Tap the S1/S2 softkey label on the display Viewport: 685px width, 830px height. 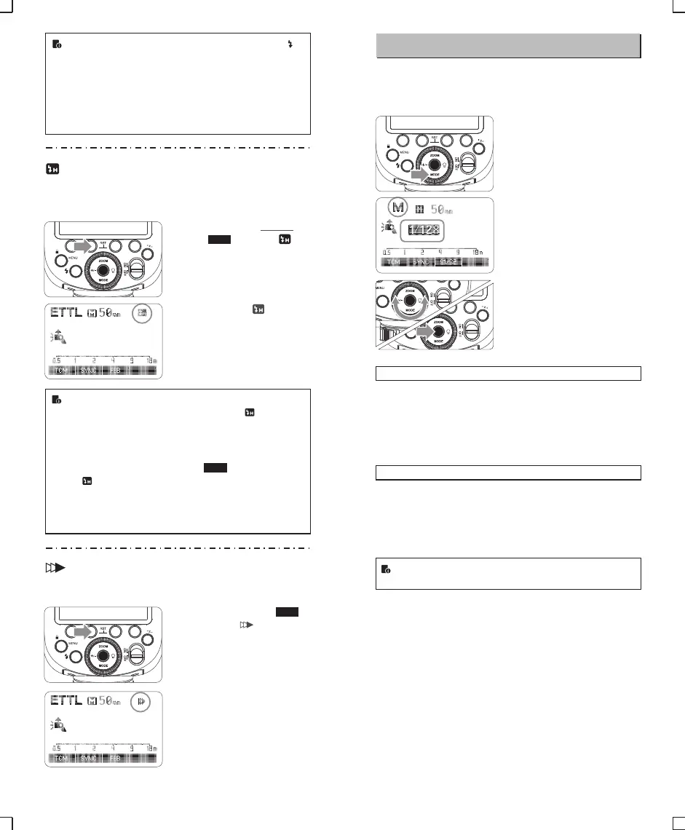(x=448, y=261)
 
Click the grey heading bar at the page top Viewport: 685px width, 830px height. (x=508, y=45)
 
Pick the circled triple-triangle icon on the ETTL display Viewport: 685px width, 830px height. (x=143, y=702)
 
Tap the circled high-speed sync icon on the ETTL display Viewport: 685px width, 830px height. (x=143, y=313)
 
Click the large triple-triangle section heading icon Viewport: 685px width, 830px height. (x=61, y=563)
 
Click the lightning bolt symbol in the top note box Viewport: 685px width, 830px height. (x=291, y=44)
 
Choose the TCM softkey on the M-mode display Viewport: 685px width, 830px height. (x=392, y=261)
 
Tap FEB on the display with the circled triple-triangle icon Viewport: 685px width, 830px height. (x=115, y=758)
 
